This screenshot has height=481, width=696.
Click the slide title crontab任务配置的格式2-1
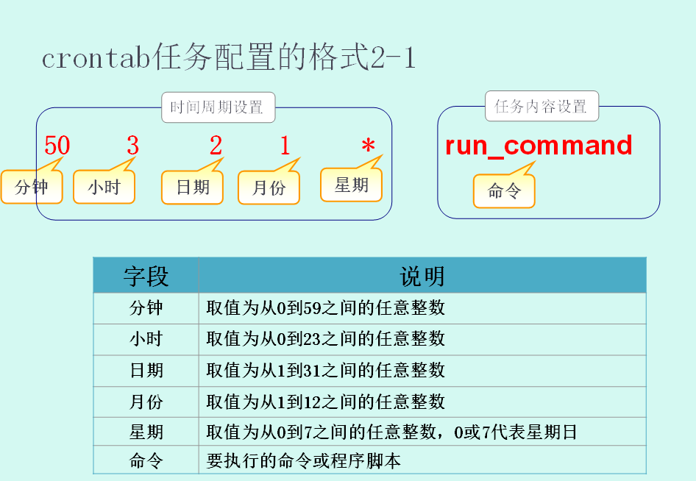click(x=228, y=58)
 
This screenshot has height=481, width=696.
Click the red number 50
click(x=57, y=146)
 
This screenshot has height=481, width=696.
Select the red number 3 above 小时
click(x=132, y=146)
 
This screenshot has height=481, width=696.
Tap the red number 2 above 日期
click(x=216, y=146)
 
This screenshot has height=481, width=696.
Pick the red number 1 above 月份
click(x=285, y=146)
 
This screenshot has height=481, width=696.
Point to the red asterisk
click(x=368, y=147)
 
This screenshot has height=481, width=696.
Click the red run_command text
click(x=539, y=146)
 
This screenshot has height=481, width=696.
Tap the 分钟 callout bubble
click(x=31, y=188)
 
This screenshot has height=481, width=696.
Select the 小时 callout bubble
click(x=104, y=188)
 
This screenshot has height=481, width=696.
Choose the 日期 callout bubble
click(x=192, y=188)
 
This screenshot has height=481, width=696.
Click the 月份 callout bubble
click(x=269, y=188)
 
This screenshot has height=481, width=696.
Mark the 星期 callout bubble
click(x=352, y=185)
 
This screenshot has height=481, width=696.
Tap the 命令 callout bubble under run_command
click(x=504, y=191)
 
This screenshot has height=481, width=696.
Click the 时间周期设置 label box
click(x=217, y=107)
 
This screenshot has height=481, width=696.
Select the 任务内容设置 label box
click(x=541, y=107)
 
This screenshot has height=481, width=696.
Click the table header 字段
click(x=146, y=276)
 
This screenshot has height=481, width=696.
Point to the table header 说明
click(x=422, y=276)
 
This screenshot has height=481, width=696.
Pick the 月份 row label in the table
click(x=146, y=402)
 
